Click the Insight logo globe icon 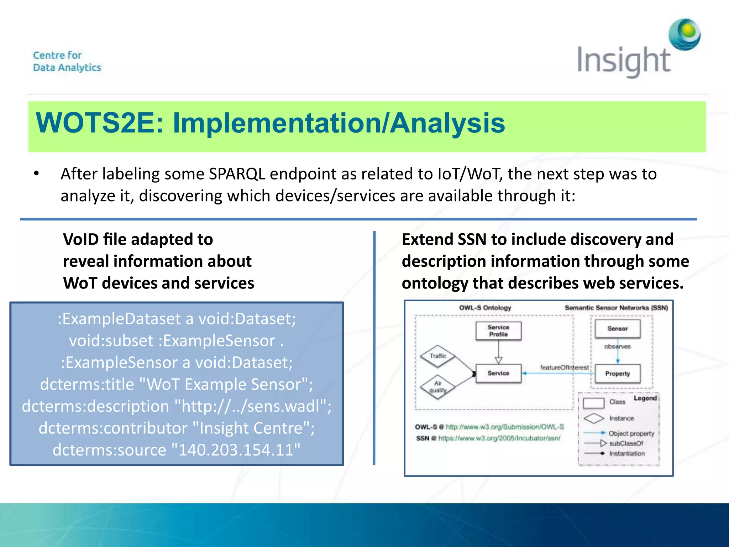tap(685, 35)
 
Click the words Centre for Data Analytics tap(67, 61)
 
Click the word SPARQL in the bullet tap(237, 174)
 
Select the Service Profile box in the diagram tap(498, 331)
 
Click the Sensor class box tap(618, 329)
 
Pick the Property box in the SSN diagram tap(618, 374)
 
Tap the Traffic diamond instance tap(438, 356)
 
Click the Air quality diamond tap(438, 387)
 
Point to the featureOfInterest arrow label tap(564, 367)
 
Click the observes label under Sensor tap(618, 347)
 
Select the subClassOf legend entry tap(626, 443)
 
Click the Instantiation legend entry tap(627, 453)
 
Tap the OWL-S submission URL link tap(505, 427)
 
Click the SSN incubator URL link tap(499, 438)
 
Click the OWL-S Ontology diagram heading tap(485, 308)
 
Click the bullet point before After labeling tap(36, 174)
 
